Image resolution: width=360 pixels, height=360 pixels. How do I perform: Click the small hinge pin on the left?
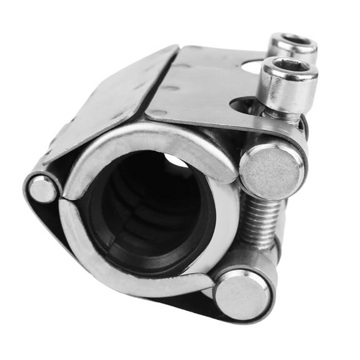click(x=42, y=189)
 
